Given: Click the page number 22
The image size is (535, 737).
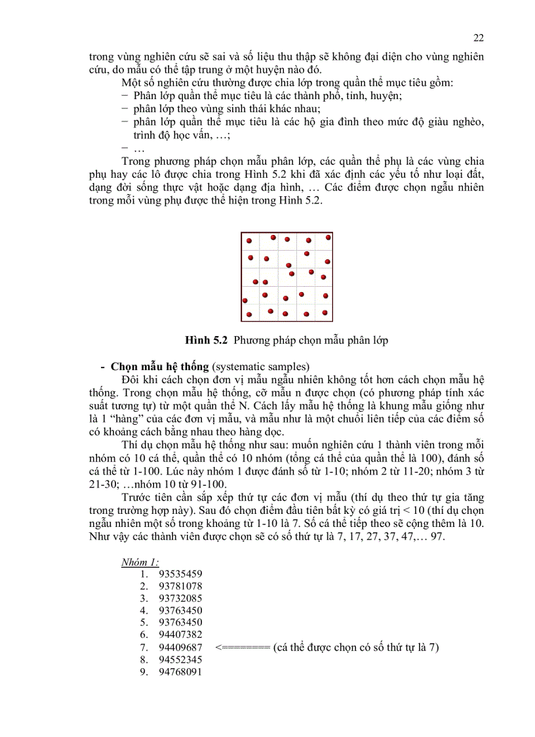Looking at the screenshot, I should click(478, 37).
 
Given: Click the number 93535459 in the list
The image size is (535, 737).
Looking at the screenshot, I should click(180, 574).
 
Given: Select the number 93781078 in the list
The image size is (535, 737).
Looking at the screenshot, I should click(180, 586).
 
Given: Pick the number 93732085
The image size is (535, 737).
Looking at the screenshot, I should click(180, 598).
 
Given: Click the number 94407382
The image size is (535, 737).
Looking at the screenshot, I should click(180, 635).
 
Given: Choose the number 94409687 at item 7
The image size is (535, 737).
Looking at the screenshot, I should click(180, 647).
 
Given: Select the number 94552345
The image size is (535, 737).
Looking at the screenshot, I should click(180, 659).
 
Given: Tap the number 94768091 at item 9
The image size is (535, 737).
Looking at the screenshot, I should click(180, 671).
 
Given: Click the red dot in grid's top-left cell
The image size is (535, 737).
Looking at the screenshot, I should click(249, 241).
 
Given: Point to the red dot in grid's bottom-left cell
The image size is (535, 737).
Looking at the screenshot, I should click(249, 315).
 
